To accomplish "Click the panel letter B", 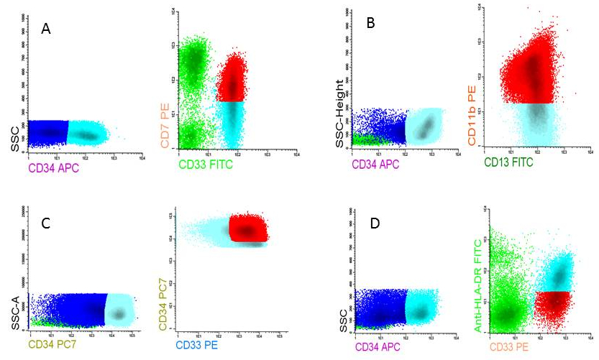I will pos(371,24).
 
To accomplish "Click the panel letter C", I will pos(45,223).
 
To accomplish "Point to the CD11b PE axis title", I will pos(474,116).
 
